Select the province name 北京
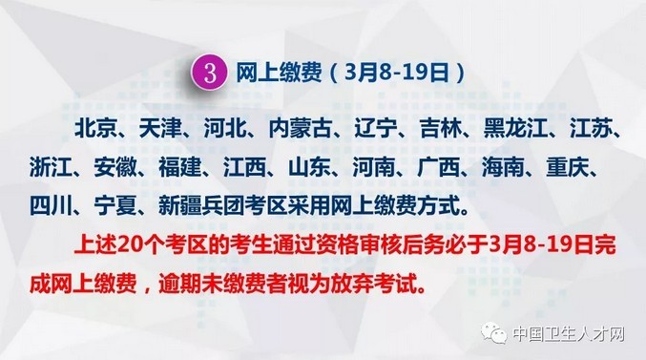[x=94, y=129]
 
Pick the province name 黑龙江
[x=513, y=129]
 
